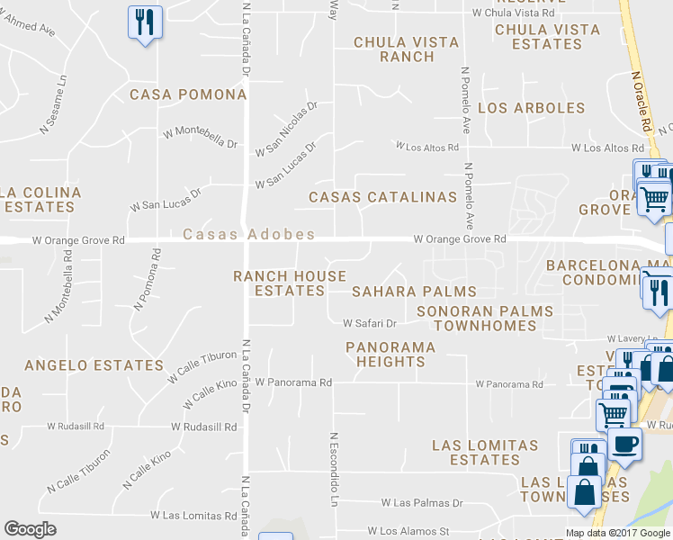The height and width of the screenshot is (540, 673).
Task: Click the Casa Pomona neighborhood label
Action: click(x=188, y=94)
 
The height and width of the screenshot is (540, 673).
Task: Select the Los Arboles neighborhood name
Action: click(x=531, y=108)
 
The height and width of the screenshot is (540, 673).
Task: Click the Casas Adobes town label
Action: click(x=248, y=234)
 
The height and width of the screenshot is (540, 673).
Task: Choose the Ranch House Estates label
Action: click(x=290, y=283)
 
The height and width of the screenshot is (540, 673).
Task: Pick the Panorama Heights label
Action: click(x=390, y=354)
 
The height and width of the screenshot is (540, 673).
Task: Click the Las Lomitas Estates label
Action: click(x=485, y=452)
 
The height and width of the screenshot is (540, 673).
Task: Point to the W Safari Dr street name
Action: click(x=370, y=323)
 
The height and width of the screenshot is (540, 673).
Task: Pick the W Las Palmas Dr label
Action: click(x=421, y=503)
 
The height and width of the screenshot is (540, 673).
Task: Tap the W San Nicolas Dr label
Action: click(x=287, y=128)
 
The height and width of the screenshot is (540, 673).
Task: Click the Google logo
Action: click(x=30, y=529)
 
